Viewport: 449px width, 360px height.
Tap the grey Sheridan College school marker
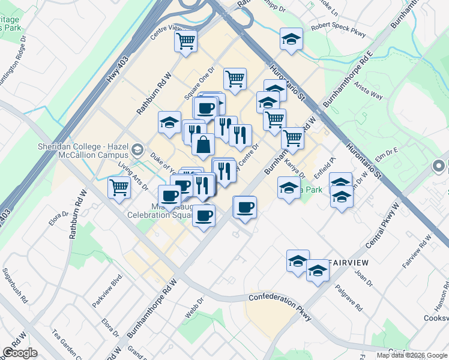(x=138, y=149)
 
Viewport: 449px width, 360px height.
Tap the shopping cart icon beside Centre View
(x=186, y=41)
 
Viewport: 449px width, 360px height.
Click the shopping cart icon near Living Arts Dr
(x=119, y=187)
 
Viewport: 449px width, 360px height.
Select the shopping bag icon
(x=203, y=144)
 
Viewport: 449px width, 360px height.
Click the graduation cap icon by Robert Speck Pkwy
(x=291, y=40)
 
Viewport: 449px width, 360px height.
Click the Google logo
(x=20, y=353)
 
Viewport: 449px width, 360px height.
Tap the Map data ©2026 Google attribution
(x=411, y=355)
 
